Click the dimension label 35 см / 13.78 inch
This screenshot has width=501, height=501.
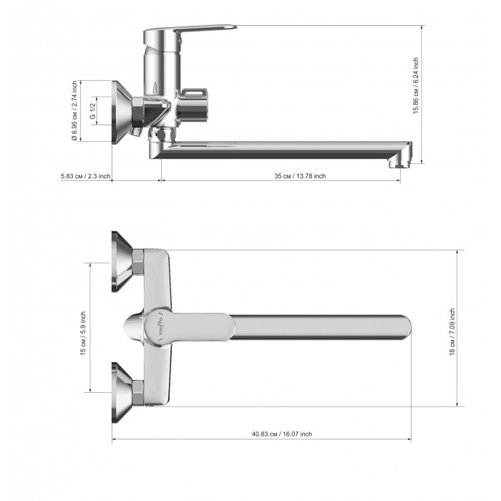pyautogui.click(x=300, y=176)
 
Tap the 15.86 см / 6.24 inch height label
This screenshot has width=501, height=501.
pyautogui.click(x=415, y=86)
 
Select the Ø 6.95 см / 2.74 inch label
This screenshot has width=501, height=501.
pyautogui.click(x=74, y=110)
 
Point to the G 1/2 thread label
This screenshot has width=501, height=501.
pyautogui.click(x=92, y=111)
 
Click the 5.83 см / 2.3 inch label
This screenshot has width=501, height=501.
pyautogui.click(x=86, y=176)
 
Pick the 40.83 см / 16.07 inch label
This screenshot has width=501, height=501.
pyautogui.click(x=282, y=434)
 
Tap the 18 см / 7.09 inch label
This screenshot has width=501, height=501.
pyautogui.click(x=452, y=331)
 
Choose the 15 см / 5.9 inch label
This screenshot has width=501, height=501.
pyautogui.click(x=83, y=334)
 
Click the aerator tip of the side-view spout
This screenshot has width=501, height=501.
pyautogui.click(x=399, y=163)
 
